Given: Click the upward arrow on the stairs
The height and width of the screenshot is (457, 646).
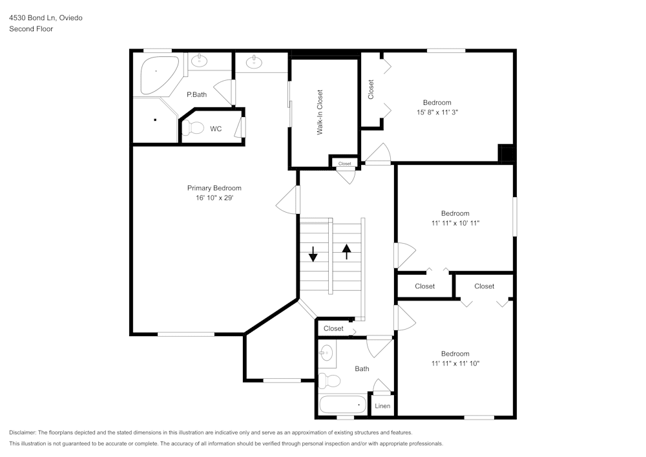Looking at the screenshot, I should [347, 251].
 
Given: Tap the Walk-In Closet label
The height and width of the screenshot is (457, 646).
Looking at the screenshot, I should [319, 112].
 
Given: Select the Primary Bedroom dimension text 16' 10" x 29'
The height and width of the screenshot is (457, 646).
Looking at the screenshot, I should [214, 198].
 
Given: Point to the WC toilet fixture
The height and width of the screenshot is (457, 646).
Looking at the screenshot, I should [193, 129].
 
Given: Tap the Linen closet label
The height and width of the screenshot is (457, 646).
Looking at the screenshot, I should [382, 406].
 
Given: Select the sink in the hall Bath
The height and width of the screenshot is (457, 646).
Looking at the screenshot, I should [326, 353].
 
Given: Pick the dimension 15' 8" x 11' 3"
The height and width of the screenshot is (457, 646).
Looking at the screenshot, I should [437, 112].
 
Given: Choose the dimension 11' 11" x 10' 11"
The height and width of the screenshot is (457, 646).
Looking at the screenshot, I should [455, 223].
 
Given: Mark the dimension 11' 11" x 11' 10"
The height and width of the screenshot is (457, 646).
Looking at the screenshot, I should [455, 363].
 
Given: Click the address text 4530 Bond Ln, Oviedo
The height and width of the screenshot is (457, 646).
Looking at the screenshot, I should [46, 18].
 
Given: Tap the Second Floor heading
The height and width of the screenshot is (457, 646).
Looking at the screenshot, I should [31, 29].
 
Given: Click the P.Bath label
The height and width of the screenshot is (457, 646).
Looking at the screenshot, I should [196, 95].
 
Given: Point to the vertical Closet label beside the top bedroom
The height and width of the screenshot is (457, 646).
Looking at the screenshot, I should [371, 89].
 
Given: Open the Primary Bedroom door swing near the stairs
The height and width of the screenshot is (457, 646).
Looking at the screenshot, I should [287, 200].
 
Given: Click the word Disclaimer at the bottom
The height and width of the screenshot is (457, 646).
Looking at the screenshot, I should [23, 432].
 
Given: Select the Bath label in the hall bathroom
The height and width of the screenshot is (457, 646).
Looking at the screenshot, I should [362, 369].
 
